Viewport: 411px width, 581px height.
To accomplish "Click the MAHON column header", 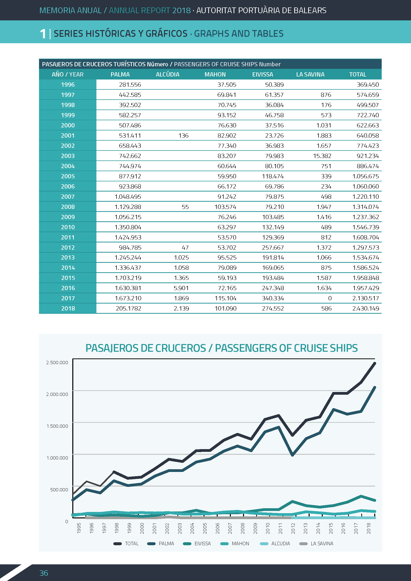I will click(x=215, y=75).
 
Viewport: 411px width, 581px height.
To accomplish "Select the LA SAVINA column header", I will click(x=310, y=75).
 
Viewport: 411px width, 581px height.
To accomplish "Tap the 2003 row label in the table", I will click(x=68, y=156).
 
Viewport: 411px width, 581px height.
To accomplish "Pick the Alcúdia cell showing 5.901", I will click(x=181, y=288).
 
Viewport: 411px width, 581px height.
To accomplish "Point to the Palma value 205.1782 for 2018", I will click(x=128, y=309).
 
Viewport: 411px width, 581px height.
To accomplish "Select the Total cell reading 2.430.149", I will click(x=366, y=309).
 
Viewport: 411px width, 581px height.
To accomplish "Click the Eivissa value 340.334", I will click(x=273, y=298).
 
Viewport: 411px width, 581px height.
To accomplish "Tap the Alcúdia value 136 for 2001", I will click(x=183, y=136).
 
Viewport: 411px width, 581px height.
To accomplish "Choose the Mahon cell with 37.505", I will click(x=227, y=85).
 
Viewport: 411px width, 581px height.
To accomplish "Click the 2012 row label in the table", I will click(x=68, y=247).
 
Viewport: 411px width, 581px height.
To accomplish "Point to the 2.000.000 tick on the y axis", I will click(x=57, y=394).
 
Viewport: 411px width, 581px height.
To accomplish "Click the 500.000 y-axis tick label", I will click(x=59, y=490).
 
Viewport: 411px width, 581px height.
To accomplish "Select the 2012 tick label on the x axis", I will click(x=293, y=528).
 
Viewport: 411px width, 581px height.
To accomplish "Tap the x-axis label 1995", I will click(x=79, y=528).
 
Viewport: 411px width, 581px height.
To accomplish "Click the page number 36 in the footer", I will click(x=44, y=573).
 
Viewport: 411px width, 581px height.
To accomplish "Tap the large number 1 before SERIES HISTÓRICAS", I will click(x=43, y=34).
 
